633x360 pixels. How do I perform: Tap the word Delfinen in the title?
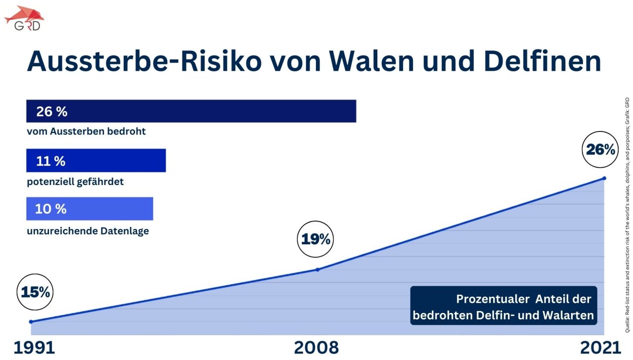click(x=543, y=61)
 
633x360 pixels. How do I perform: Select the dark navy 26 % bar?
click(x=191, y=111)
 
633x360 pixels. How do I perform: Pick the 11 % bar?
click(x=96, y=161)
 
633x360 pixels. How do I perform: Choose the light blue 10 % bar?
click(x=90, y=209)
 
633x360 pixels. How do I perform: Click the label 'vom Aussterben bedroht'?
click(x=86, y=132)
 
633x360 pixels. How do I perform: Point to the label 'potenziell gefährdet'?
click(x=75, y=181)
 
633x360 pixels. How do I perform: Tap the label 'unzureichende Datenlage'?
click(x=88, y=231)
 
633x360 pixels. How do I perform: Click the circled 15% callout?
click(x=36, y=292)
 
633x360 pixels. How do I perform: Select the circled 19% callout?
click(x=316, y=240)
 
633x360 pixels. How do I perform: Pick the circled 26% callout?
click(x=600, y=149)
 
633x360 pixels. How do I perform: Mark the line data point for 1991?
click(x=31, y=322)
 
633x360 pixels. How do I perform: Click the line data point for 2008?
click(x=317, y=270)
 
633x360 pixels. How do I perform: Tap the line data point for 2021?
click(x=604, y=178)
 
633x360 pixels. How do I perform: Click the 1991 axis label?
click(x=34, y=348)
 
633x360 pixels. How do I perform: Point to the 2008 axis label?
click(x=316, y=348)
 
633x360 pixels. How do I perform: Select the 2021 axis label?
click(x=600, y=348)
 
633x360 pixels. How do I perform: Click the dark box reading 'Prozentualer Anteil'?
click(x=503, y=306)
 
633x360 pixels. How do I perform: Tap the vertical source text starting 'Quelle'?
click(x=627, y=215)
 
